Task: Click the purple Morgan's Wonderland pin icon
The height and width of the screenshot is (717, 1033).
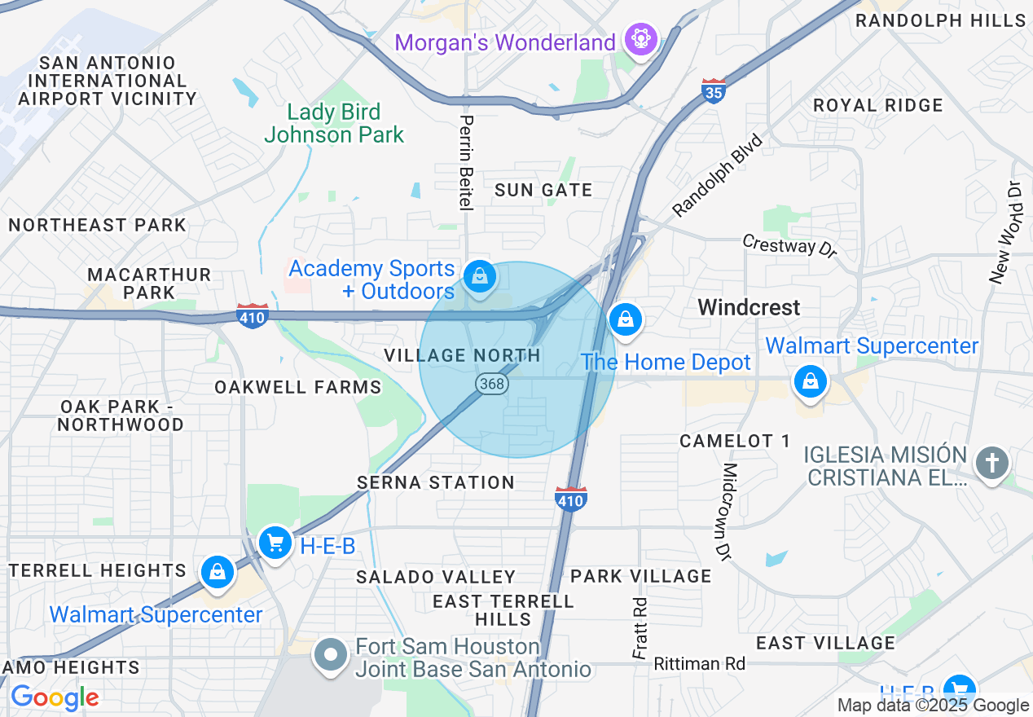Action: (x=641, y=39)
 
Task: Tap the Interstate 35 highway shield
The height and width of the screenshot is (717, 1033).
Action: (x=714, y=92)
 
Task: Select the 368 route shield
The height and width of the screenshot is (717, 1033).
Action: (x=492, y=384)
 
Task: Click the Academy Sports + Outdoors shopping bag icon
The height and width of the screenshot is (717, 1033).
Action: (x=481, y=277)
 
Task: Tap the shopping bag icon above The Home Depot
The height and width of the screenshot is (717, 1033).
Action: (x=625, y=319)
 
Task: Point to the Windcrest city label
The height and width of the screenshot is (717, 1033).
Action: (x=749, y=307)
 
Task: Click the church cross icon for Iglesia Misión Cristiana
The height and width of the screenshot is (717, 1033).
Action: (x=991, y=463)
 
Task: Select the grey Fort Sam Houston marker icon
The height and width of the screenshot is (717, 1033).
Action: (x=331, y=654)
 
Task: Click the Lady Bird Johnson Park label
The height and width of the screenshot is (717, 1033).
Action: (x=334, y=123)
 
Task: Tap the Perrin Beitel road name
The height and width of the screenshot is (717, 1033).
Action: (x=466, y=162)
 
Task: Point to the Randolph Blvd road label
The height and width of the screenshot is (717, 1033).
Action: (x=718, y=176)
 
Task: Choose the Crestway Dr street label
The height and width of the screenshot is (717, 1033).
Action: (x=789, y=245)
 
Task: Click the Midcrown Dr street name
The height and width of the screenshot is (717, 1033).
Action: (x=728, y=512)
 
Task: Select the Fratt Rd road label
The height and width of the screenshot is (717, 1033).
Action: (x=640, y=628)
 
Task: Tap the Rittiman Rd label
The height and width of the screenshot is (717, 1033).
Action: (x=699, y=664)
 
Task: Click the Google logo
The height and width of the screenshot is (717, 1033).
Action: (x=55, y=697)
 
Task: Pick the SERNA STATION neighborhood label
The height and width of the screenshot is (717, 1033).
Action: (x=436, y=482)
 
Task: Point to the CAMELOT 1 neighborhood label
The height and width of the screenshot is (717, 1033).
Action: (x=735, y=441)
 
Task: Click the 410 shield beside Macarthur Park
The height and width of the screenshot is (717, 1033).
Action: (x=253, y=316)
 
